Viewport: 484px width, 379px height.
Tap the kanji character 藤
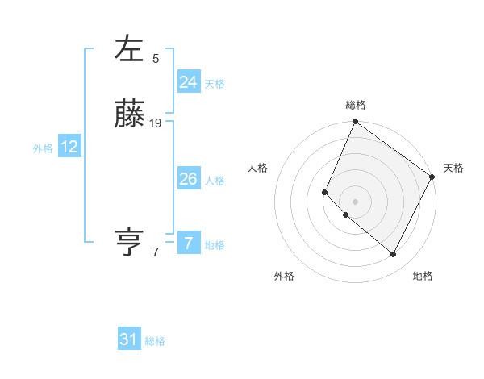coord(129,116)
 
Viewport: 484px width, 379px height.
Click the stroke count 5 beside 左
coord(156,58)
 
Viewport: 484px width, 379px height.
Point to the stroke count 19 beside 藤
coord(156,123)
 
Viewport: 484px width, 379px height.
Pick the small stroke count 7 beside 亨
coord(156,252)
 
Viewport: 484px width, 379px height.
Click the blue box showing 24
coord(188,81)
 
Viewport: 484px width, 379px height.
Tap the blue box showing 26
coord(188,179)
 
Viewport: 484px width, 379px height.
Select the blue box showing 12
coord(69,147)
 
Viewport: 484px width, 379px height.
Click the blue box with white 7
coord(188,244)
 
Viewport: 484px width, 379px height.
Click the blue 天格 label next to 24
coord(215,84)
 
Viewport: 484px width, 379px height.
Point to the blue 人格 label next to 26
coord(215,181)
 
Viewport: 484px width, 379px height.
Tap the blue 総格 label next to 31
coord(155,341)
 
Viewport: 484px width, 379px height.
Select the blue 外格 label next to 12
coord(42,148)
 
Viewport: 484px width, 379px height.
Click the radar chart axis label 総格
coord(356,105)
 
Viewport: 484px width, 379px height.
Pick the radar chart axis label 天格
coord(453,168)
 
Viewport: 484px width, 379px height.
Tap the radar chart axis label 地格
coord(423,276)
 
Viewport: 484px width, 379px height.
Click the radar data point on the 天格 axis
coord(432,177)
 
